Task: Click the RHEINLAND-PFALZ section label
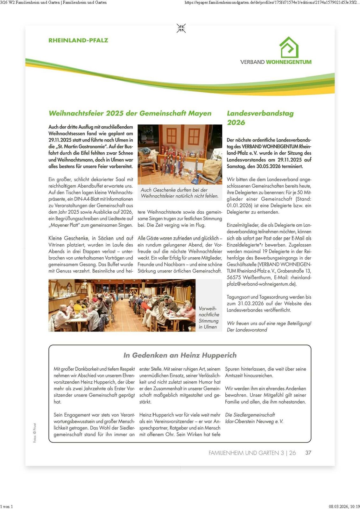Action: coord(78,40)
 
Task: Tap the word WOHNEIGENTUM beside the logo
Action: coord(289,62)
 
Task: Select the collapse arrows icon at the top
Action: coord(181,28)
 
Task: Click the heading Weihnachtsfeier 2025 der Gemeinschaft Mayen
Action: coord(130,113)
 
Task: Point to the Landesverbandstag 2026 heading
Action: coord(260,118)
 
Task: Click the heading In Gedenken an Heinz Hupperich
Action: coord(180,355)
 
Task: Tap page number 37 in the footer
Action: coord(308,453)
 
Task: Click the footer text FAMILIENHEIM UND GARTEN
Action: coord(244,453)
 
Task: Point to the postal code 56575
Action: coord(234,277)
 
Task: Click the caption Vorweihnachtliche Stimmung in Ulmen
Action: coord(208,317)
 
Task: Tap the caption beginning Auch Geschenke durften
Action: coord(180,193)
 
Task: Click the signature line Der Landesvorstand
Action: coord(247,330)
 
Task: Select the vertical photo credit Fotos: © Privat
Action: coord(35,433)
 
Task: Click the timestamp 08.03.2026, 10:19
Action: coord(344,506)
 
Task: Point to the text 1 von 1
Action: coord(7,506)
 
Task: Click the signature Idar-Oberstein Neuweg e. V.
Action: coord(254,422)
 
